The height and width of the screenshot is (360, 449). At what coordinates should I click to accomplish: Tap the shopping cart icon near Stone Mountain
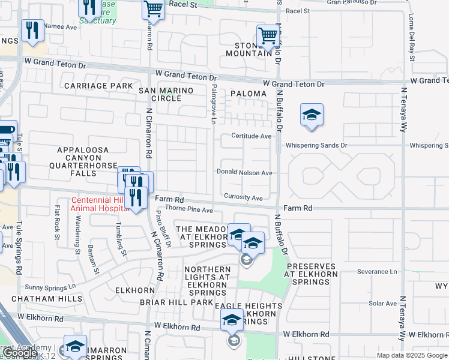pyautogui.click(x=267, y=36)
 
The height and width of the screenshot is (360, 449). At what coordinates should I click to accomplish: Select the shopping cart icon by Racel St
pyautogui.click(x=153, y=9)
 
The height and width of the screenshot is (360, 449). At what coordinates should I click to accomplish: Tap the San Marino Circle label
pyautogui.click(x=166, y=94)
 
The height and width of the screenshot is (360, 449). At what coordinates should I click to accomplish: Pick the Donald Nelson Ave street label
pyautogui.click(x=244, y=173)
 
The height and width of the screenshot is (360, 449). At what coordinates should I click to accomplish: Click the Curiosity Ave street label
pyautogui.click(x=243, y=197)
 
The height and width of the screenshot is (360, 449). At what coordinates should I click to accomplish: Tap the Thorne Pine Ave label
pyautogui.click(x=189, y=210)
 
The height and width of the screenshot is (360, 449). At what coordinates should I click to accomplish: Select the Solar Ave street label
pyautogui.click(x=382, y=303)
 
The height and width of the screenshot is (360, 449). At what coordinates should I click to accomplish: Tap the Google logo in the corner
pyautogui.click(x=20, y=353)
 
